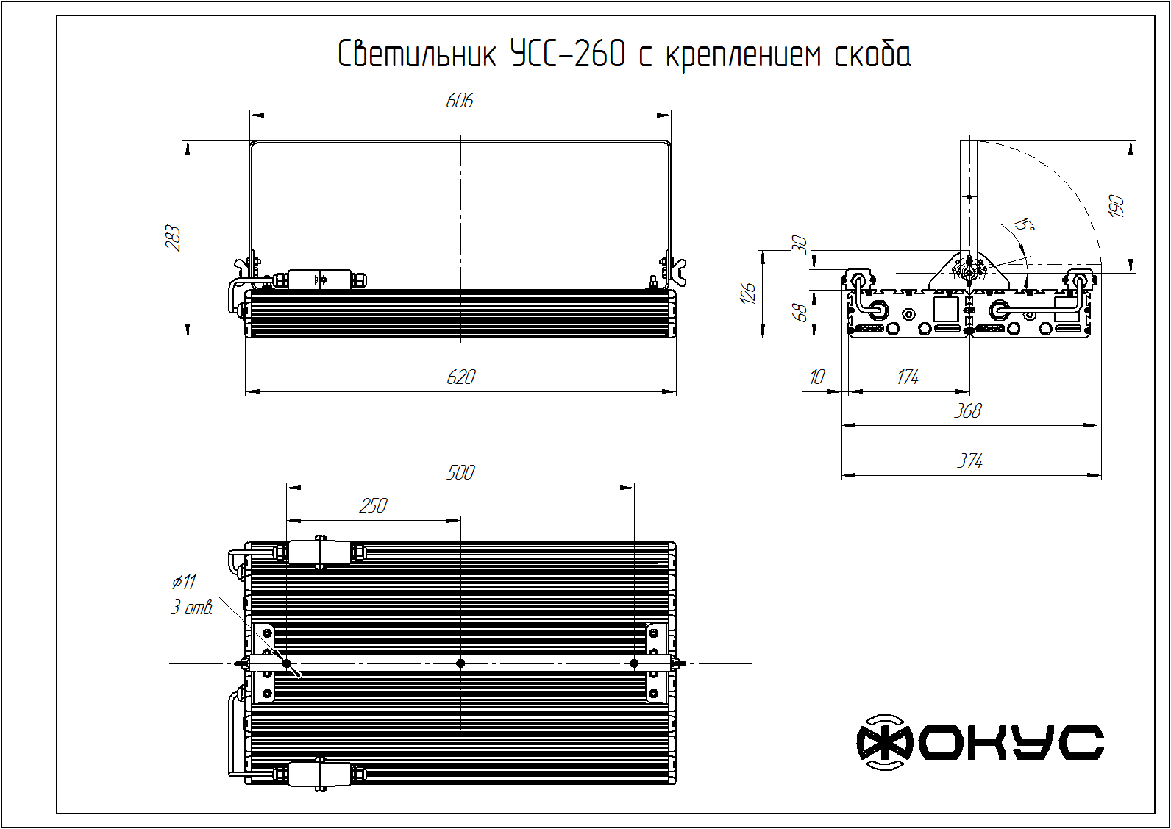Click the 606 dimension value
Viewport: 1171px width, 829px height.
(460, 101)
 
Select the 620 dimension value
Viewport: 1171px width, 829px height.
(461, 377)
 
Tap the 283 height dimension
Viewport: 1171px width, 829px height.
(173, 238)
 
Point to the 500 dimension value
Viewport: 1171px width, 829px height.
(460, 472)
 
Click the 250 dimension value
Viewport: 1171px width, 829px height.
(373, 506)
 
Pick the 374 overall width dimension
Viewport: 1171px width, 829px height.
(969, 461)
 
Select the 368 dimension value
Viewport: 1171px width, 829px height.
(968, 411)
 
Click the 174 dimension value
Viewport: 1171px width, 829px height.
(908, 377)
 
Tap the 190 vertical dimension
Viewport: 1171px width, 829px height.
(1116, 207)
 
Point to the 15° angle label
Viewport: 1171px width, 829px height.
(1024, 224)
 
